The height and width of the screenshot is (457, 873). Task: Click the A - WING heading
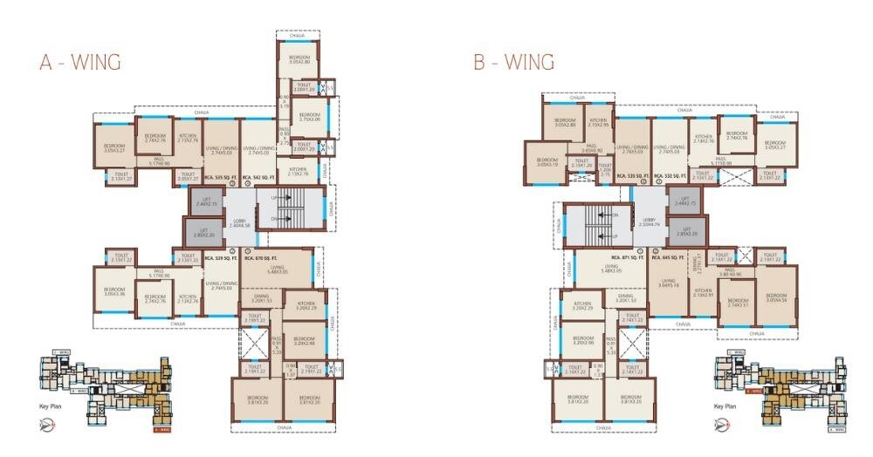[x=79, y=63]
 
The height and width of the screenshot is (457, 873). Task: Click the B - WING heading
[x=513, y=63]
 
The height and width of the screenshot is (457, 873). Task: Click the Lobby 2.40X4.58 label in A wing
[x=240, y=222]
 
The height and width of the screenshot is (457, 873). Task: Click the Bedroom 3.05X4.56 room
[x=776, y=297]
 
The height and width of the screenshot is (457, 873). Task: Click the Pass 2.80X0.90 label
[x=730, y=273]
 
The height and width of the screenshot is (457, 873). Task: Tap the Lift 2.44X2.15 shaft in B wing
[x=685, y=201]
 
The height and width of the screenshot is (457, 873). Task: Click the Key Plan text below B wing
[x=725, y=407]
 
